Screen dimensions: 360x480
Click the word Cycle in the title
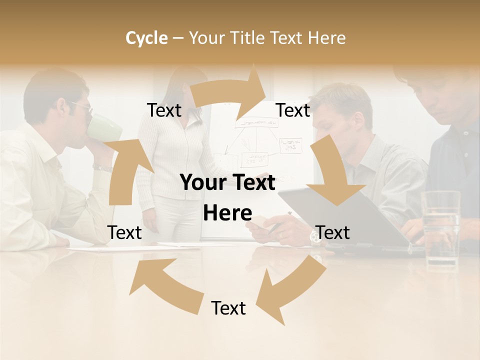click(x=146, y=38)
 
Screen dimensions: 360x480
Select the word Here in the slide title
click(x=327, y=38)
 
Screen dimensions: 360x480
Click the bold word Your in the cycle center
click(x=202, y=183)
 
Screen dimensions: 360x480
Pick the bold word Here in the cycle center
click(x=227, y=213)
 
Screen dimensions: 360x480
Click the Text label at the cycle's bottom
click(x=228, y=308)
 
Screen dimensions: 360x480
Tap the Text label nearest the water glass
click(x=332, y=232)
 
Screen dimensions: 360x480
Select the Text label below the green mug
click(x=124, y=232)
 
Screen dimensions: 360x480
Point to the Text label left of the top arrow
click(x=164, y=110)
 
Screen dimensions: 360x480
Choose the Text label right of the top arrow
click(x=293, y=110)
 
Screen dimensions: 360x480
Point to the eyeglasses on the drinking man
click(x=82, y=106)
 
